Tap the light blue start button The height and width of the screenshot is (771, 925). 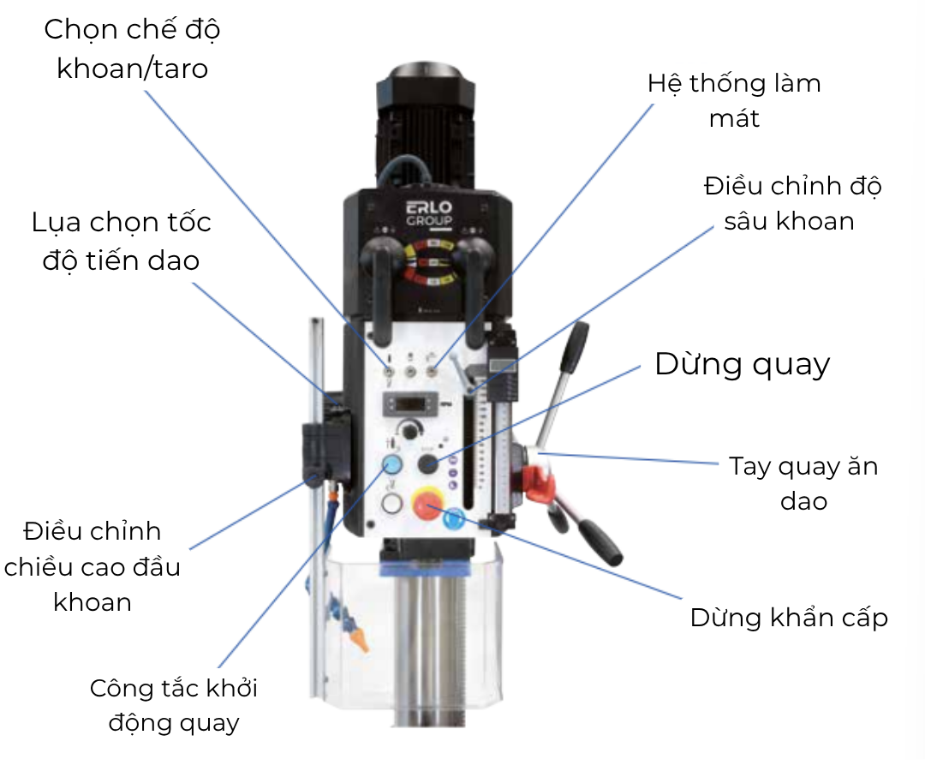pyautogui.click(x=392, y=464)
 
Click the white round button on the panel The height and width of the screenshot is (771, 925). pyautogui.click(x=391, y=504)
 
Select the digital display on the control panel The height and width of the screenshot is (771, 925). pyautogui.click(x=410, y=404)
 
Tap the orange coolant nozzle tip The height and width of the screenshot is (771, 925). pyautogui.click(x=361, y=641)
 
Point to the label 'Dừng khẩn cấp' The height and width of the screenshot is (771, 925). pyautogui.click(x=790, y=618)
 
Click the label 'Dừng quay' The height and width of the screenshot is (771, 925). pyautogui.click(x=743, y=364)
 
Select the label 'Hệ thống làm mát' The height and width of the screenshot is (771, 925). pyautogui.click(x=735, y=100)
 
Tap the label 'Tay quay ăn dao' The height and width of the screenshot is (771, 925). pyautogui.click(x=803, y=483)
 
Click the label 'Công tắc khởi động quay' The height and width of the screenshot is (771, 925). pyautogui.click(x=174, y=706)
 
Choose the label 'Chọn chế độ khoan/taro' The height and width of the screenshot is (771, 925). pyautogui.click(x=132, y=48)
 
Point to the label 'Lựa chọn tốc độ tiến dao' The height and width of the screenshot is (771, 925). pyautogui.click(x=122, y=242)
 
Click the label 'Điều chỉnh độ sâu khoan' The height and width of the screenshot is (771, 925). pyautogui.click(x=792, y=203)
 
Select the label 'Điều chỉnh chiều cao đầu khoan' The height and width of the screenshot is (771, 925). pyautogui.click(x=92, y=567)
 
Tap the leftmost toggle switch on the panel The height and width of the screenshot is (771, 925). pyautogui.click(x=389, y=372)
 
